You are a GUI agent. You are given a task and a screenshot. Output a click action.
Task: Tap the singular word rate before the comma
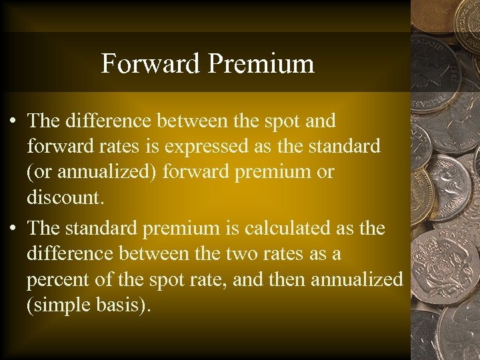tap(225, 279)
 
